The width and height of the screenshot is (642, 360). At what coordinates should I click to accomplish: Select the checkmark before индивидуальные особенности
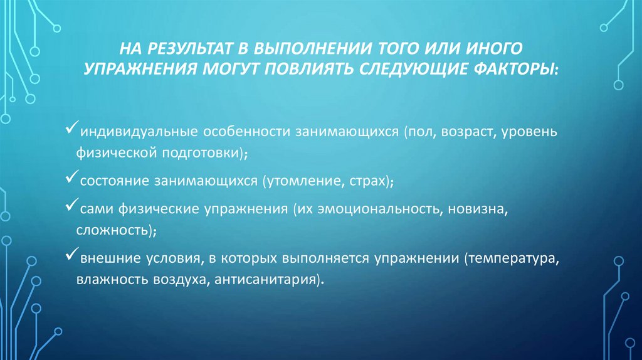tap(71, 131)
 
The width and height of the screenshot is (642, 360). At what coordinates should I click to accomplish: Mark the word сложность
tap(113, 230)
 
